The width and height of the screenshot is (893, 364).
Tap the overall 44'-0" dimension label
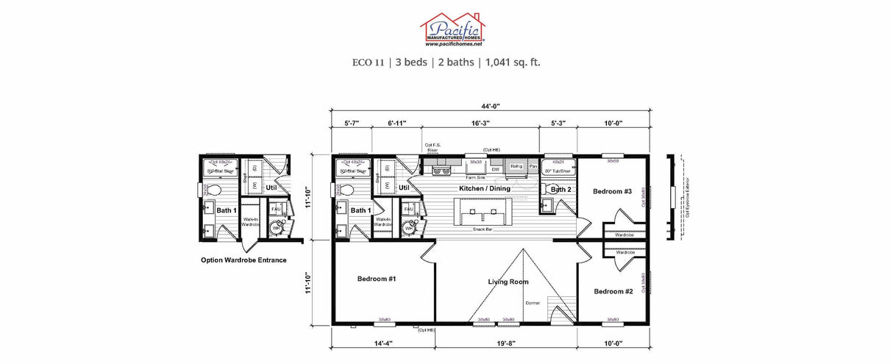click(491, 107)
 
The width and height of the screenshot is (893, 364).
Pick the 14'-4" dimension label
click(383, 342)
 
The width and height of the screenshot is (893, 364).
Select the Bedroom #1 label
click(377, 279)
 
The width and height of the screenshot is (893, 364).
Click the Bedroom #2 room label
click(613, 291)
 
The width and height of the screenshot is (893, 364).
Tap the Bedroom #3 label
click(612, 191)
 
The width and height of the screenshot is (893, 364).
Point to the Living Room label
click(508, 282)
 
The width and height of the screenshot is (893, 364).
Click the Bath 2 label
click(561, 190)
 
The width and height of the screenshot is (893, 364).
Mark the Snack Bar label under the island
click(483, 229)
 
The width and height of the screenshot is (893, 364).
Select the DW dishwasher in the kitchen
click(496, 169)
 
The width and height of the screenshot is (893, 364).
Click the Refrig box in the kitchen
click(516, 167)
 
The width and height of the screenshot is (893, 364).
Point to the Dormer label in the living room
click(533, 302)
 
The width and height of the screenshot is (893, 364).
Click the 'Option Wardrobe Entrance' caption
click(243, 260)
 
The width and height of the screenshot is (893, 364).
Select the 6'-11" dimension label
click(397, 124)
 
